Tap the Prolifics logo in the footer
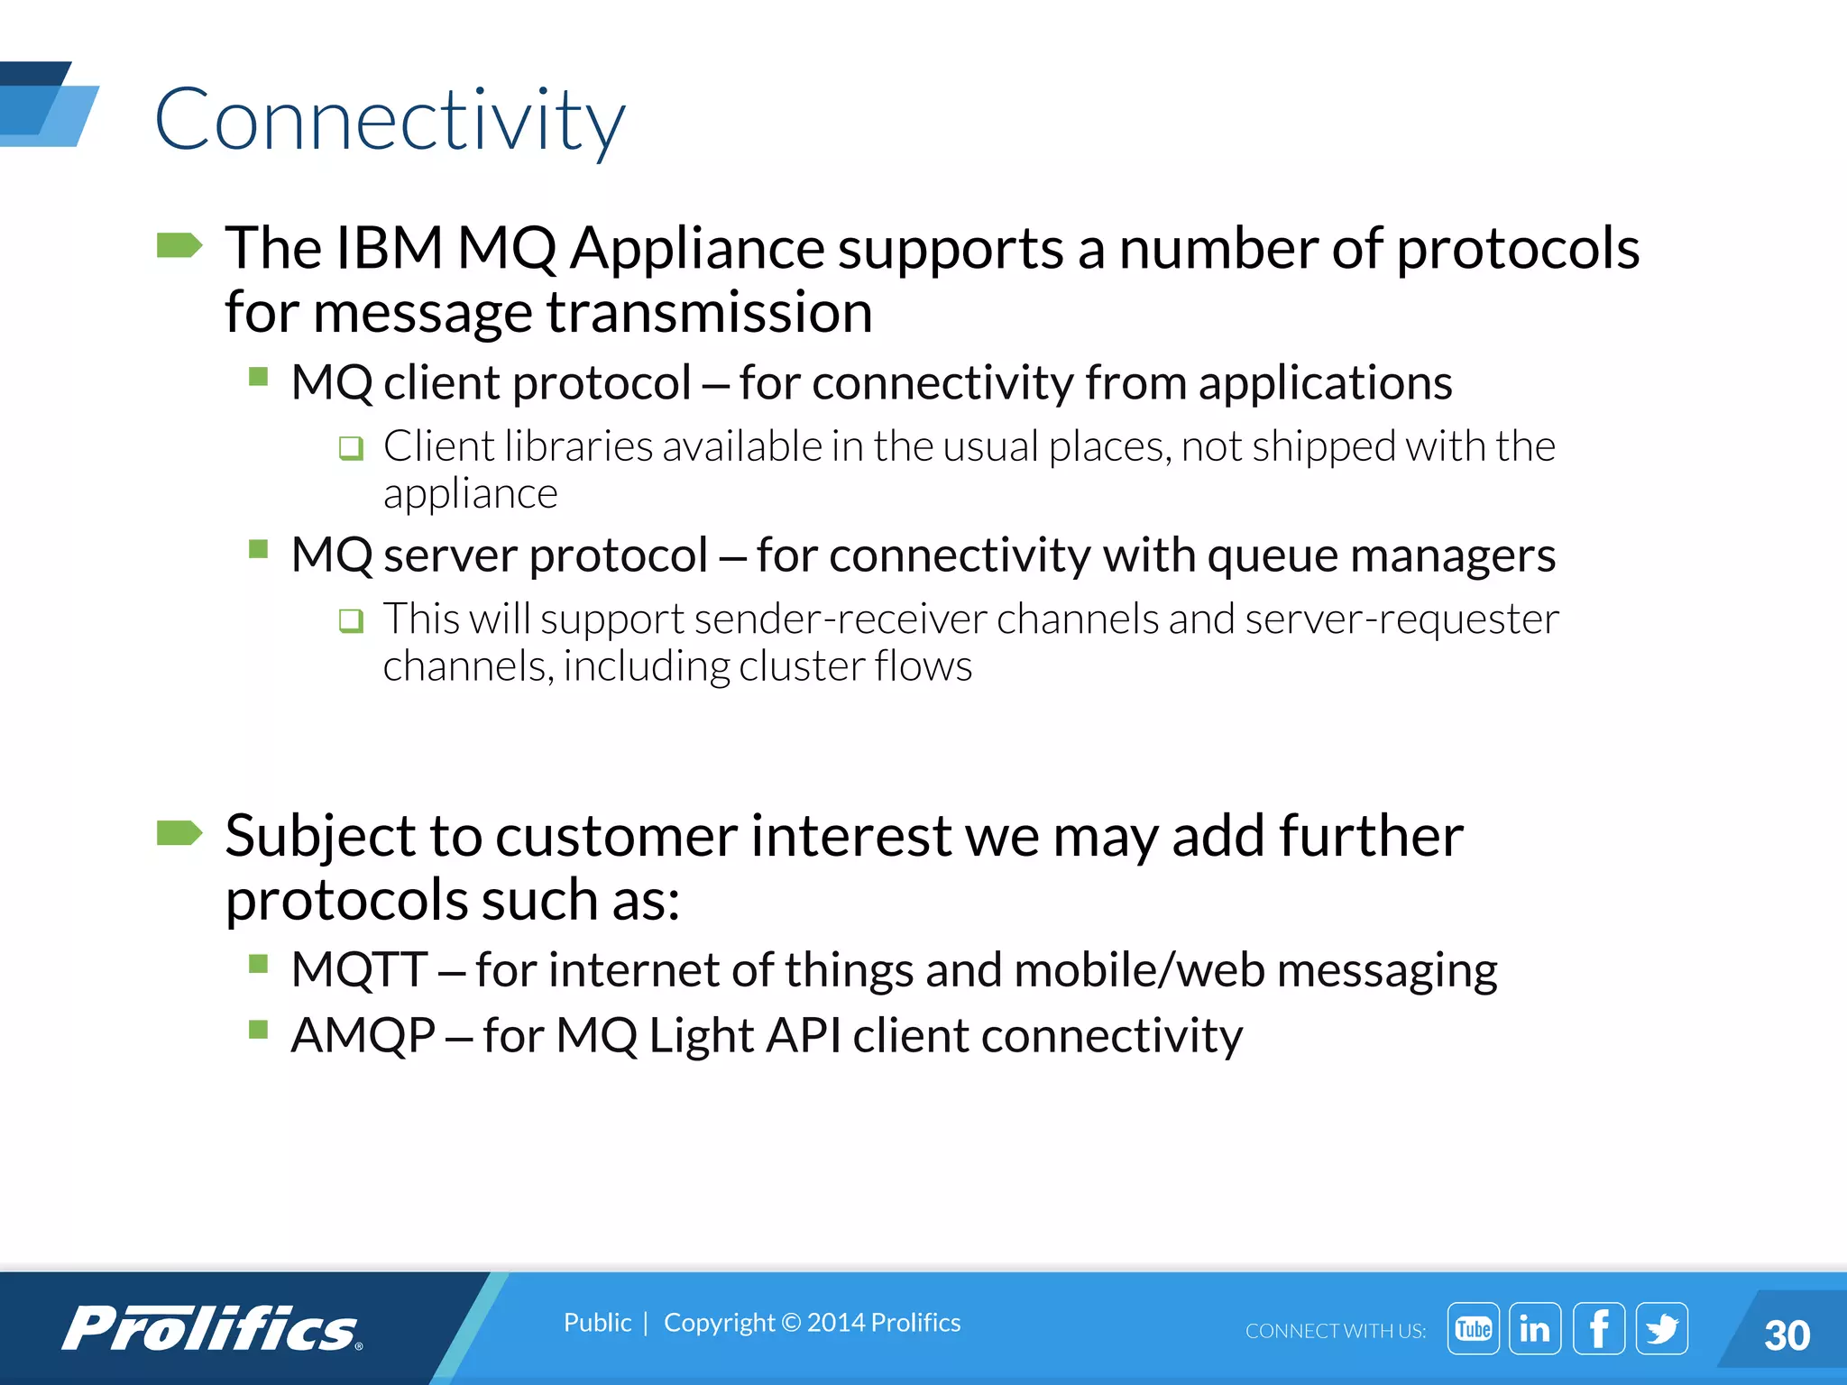(213, 1328)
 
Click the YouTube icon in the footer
(1473, 1328)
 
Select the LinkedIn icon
(1535, 1328)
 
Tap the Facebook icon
(1599, 1328)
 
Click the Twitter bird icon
(1661, 1328)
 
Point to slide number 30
(1787, 1335)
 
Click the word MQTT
(359, 970)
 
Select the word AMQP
(363, 1035)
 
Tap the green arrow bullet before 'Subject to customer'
(179, 833)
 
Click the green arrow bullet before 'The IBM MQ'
(179, 245)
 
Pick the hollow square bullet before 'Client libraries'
(351, 448)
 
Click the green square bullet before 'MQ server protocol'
(259, 549)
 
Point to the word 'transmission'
(709, 313)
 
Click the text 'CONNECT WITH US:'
(1335, 1331)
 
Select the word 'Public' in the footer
(597, 1322)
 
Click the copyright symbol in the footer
(790, 1323)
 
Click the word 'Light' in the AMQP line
(701, 1035)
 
